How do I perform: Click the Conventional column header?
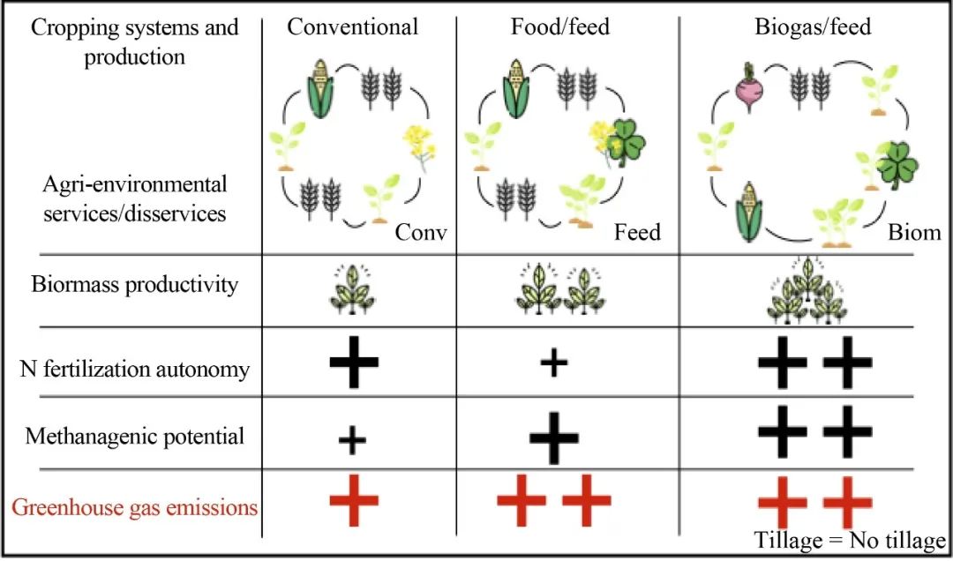(352, 27)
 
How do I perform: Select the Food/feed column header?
(560, 27)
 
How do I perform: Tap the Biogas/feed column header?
(812, 27)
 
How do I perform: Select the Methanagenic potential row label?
(134, 436)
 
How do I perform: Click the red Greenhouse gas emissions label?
(134, 507)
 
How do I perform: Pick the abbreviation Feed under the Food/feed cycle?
(637, 233)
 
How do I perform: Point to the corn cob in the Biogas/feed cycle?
(750, 212)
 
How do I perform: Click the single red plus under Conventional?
(354, 501)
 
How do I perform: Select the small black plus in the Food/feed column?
(553, 364)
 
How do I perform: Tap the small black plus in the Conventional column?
(352, 438)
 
